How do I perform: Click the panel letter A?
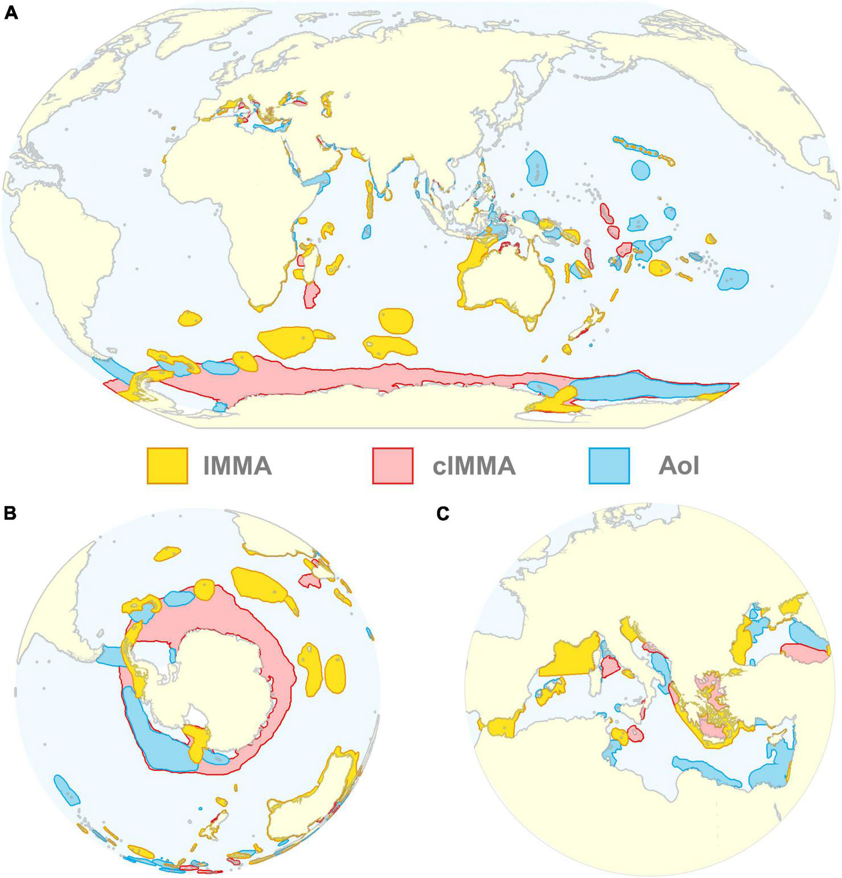(x=11, y=12)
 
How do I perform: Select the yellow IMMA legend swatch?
(x=167, y=465)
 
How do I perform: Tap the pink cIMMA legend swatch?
(x=392, y=465)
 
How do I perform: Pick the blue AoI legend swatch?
(x=609, y=465)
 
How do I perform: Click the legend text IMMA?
(x=237, y=466)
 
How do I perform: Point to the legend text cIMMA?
(x=474, y=466)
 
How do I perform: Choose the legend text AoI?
(x=678, y=466)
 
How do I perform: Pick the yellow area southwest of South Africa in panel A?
(x=190, y=319)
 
